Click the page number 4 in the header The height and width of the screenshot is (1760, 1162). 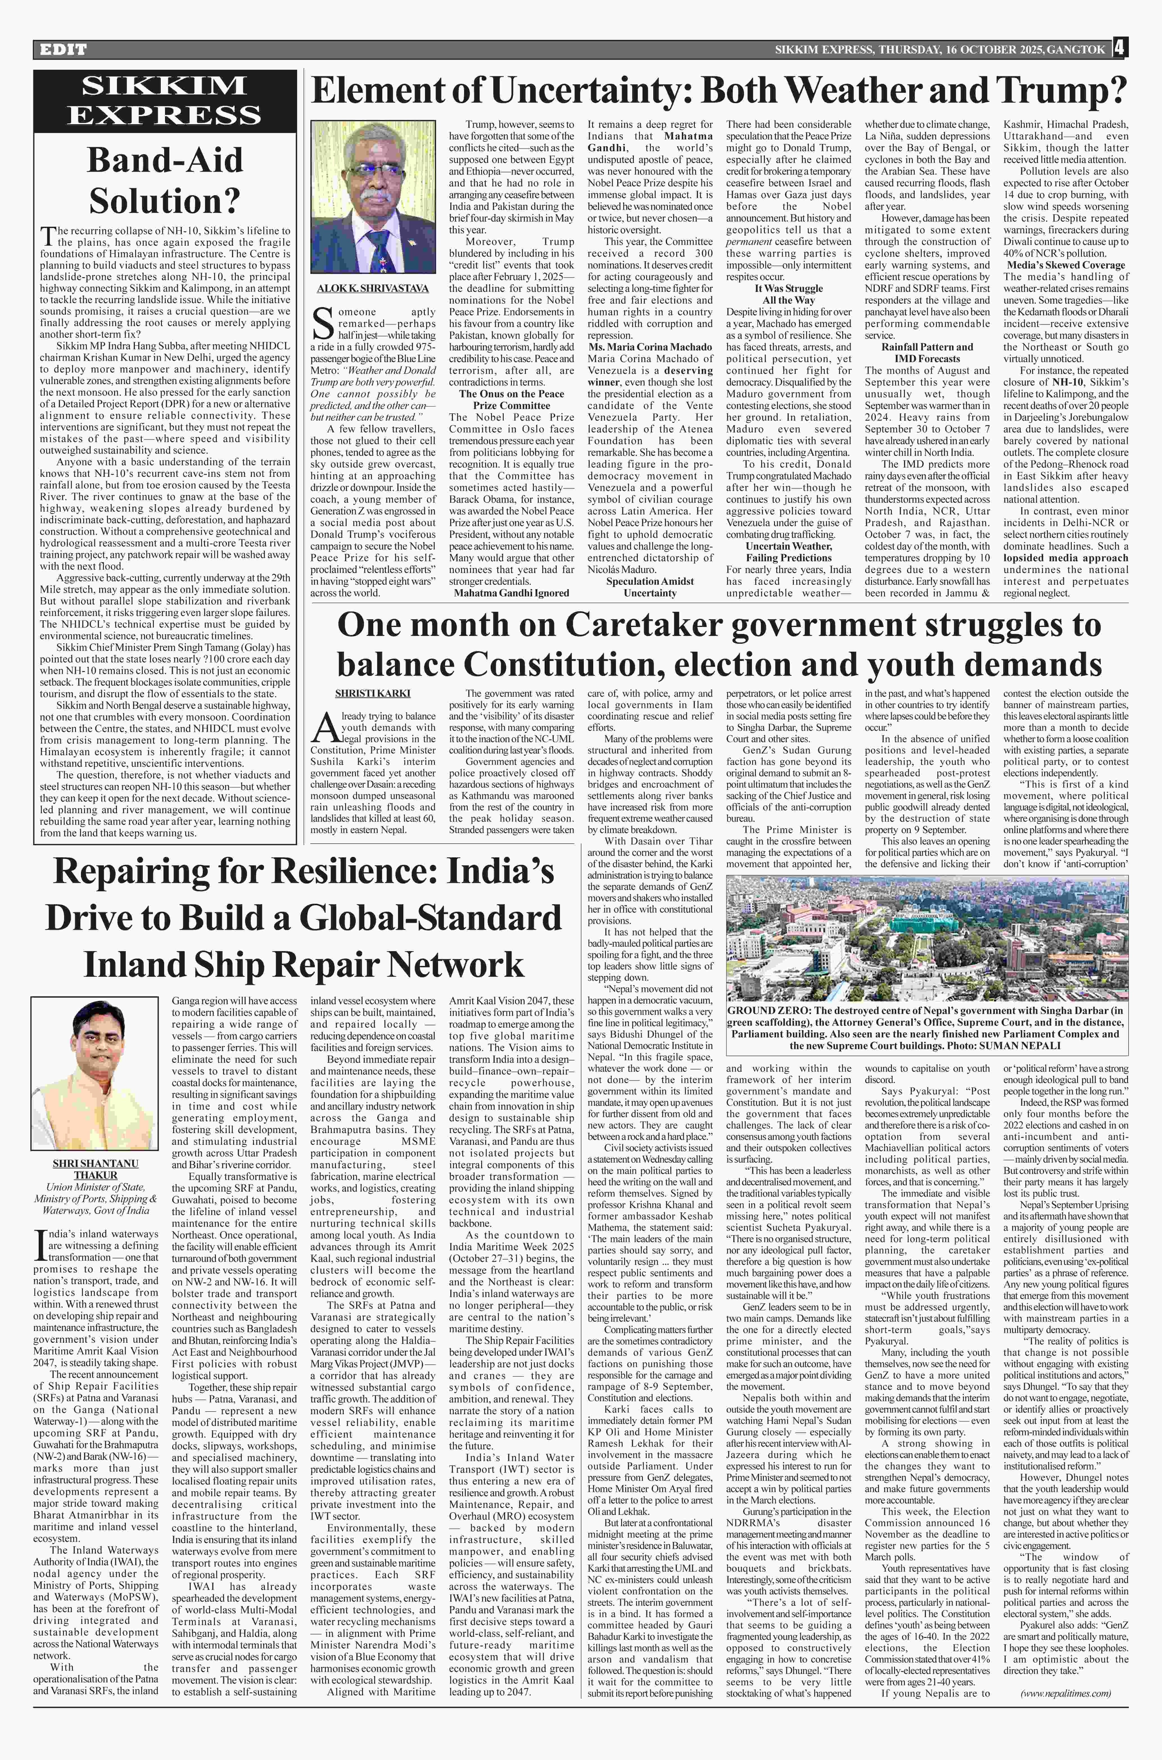pyautogui.click(x=1119, y=49)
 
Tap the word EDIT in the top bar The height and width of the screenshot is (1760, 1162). pyautogui.click(x=63, y=50)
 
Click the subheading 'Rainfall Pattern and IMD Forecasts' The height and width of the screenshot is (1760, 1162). pyautogui.click(x=927, y=353)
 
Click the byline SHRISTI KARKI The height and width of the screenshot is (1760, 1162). pyautogui.click(x=373, y=693)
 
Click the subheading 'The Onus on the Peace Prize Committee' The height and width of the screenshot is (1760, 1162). pyautogui.click(x=511, y=400)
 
